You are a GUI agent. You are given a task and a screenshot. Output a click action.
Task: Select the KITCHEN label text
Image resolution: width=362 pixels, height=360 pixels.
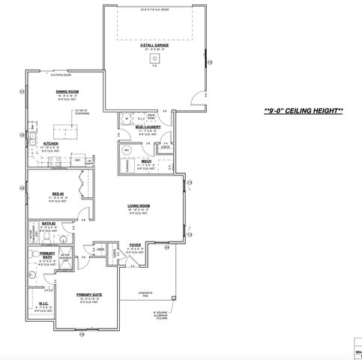tap(52, 142)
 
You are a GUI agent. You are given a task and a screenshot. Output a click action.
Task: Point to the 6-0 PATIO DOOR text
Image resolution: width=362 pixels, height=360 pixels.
tap(59, 76)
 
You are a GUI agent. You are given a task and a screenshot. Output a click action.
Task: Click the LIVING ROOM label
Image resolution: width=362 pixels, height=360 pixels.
tap(139, 205)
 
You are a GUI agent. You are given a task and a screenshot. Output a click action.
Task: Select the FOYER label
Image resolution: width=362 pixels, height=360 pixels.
tap(135, 245)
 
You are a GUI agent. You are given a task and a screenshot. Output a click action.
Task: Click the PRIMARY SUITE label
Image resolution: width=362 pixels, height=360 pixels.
tap(88, 295)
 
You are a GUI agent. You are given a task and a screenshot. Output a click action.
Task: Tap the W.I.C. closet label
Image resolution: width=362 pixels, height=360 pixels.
tap(43, 304)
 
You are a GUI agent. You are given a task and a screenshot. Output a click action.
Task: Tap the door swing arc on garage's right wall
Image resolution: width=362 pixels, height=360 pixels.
tap(199, 96)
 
